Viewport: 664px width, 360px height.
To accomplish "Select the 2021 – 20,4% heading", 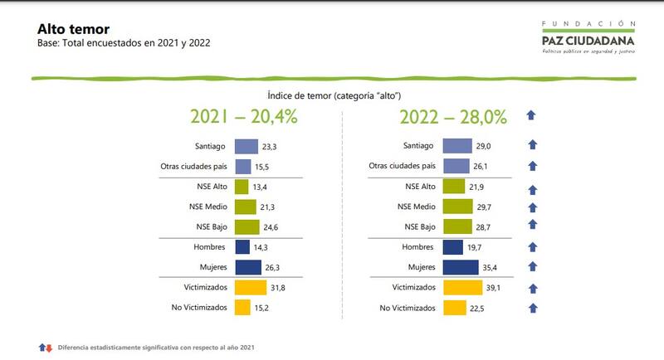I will pos(243,117).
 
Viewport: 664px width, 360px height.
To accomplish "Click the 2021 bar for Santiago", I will pos(247,146).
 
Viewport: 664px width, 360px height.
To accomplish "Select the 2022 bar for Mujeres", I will pos(461,267).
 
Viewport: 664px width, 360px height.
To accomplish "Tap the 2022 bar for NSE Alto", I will pos(454,187).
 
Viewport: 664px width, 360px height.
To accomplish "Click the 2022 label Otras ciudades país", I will pos(402,167).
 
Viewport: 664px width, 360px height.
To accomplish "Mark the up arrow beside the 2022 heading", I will pos(532,116).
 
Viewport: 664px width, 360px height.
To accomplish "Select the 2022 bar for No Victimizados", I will pos(455,308).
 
